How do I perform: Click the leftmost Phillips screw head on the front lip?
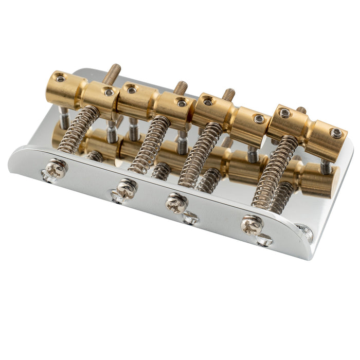point(57,168)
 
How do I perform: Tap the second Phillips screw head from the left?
point(127,188)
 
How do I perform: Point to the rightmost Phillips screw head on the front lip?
point(251,224)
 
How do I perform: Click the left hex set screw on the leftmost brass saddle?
point(61,78)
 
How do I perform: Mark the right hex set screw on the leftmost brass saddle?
point(109,92)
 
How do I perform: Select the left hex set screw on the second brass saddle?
point(132,90)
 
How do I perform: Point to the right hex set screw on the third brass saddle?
point(259,119)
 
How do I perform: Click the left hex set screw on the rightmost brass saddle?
point(284,114)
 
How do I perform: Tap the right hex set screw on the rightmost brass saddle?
point(336,133)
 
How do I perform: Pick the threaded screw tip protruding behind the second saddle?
point(181,87)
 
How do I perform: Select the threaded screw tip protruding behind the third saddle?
point(228,95)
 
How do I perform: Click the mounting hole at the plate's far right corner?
point(305,233)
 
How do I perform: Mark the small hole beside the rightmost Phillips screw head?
point(264,239)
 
